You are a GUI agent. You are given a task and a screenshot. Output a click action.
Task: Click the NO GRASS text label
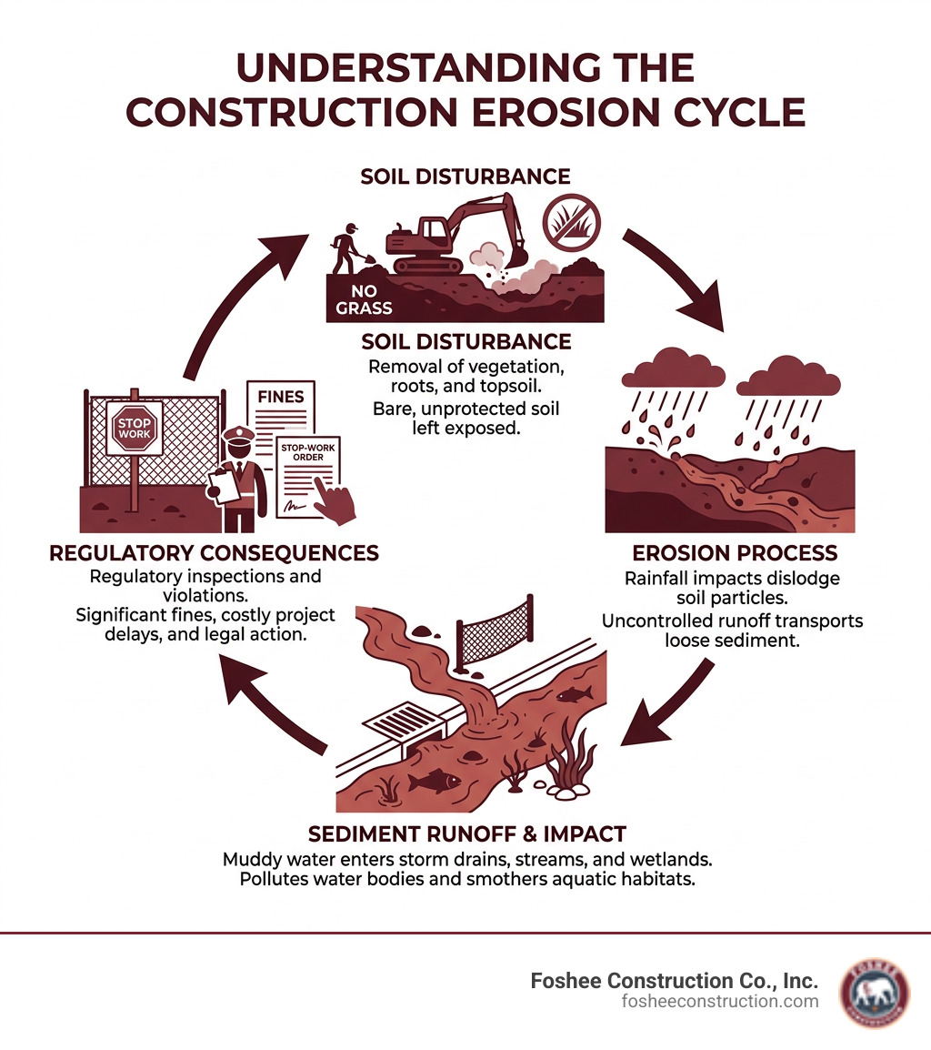364,299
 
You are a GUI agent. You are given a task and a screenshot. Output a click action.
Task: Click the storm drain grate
401,726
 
